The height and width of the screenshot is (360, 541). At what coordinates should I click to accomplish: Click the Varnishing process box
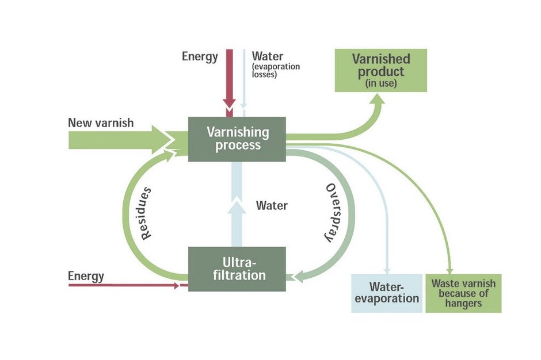(237, 139)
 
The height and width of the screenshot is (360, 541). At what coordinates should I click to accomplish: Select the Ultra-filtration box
(237, 269)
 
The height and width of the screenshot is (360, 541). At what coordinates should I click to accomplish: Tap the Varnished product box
(381, 70)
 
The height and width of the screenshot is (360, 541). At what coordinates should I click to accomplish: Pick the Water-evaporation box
(387, 293)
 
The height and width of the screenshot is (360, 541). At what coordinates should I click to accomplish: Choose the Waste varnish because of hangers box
(463, 293)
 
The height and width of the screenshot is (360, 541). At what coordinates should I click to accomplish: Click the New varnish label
(101, 122)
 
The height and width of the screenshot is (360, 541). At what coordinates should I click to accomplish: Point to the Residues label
(146, 213)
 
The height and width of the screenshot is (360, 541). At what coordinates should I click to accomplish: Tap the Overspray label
(331, 213)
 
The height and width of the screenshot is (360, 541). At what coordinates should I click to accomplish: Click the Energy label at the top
(200, 56)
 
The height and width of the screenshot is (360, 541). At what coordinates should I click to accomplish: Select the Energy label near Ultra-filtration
(86, 276)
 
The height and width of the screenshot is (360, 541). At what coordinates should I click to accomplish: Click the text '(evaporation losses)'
(276, 70)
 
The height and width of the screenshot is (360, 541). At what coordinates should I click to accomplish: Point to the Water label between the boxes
(272, 205)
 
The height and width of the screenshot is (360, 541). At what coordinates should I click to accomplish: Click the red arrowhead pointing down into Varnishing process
(229, 104)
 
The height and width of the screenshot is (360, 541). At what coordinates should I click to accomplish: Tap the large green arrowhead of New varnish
(162, 140)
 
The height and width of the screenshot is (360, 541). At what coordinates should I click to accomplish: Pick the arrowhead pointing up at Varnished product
(378, 99)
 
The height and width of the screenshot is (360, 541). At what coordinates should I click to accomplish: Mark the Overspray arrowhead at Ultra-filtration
(298, 277)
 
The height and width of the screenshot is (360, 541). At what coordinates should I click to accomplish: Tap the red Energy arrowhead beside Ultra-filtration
(177, 285)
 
